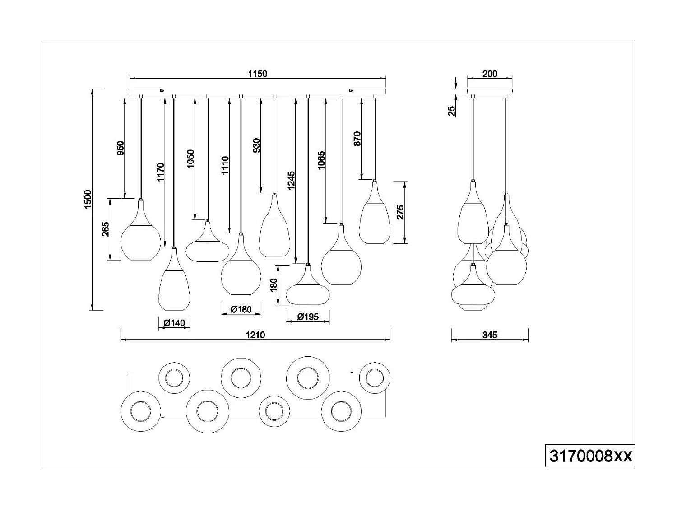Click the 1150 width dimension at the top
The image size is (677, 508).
tap(257, 74)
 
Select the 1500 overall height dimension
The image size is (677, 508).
tap(88, 199)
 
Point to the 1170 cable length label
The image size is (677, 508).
tap(161, 172)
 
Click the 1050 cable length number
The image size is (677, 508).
tap(190, 159)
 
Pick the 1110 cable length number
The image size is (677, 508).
tap(225, 165)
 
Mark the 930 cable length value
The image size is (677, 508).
tap(257, 146)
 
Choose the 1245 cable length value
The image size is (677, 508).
tap(291, 180)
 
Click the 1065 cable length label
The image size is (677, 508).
tap(321, 161)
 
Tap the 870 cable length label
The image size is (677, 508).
tap(357, 138)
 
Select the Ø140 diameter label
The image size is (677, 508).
tap(174, 323)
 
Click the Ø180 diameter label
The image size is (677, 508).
tap(241, 309)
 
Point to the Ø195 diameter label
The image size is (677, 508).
tap(307, 317)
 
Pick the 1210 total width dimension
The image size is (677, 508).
tap(255, 335)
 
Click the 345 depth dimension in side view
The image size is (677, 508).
tap(490, 335)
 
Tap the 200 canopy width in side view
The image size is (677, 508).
tap(490, 74)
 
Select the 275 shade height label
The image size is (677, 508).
tap(400, 212)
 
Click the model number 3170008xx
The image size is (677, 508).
tap(590, 456)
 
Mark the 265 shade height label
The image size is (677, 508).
tap(105, 229)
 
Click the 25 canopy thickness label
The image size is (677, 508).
tap(452, 111)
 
